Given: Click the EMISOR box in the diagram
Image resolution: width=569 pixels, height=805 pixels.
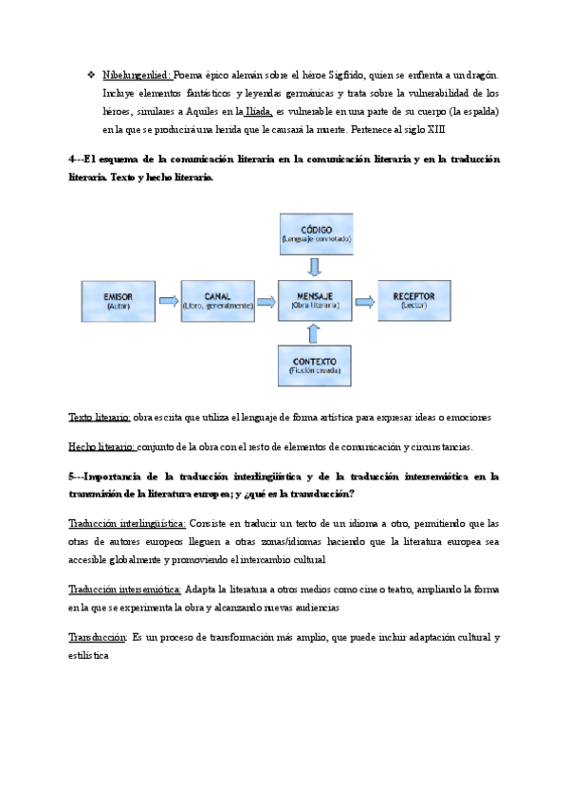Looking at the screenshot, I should tap(119, 301).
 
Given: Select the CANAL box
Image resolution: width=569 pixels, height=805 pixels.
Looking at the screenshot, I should tap(217, 301).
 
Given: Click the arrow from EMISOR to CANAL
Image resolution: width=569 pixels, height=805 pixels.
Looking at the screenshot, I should tap(168, 301).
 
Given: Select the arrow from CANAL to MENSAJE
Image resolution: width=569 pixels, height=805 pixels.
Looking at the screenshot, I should tap(267, 301).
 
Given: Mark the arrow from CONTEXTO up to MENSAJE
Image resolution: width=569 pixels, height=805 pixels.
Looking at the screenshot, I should tap(317, 332).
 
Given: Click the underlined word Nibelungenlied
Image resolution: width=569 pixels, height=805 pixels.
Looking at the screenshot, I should tap(137, 74).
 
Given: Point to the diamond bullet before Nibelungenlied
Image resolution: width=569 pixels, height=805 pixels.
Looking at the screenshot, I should tap(89, 74).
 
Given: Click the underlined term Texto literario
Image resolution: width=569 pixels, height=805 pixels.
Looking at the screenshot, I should tap(100, 418).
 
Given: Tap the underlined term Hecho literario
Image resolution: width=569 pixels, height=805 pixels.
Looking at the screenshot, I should tap(102, 447).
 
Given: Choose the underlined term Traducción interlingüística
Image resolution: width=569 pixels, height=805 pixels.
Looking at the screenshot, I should tap(127, 522).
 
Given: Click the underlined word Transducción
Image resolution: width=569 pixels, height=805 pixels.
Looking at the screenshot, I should tap(98, 636).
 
